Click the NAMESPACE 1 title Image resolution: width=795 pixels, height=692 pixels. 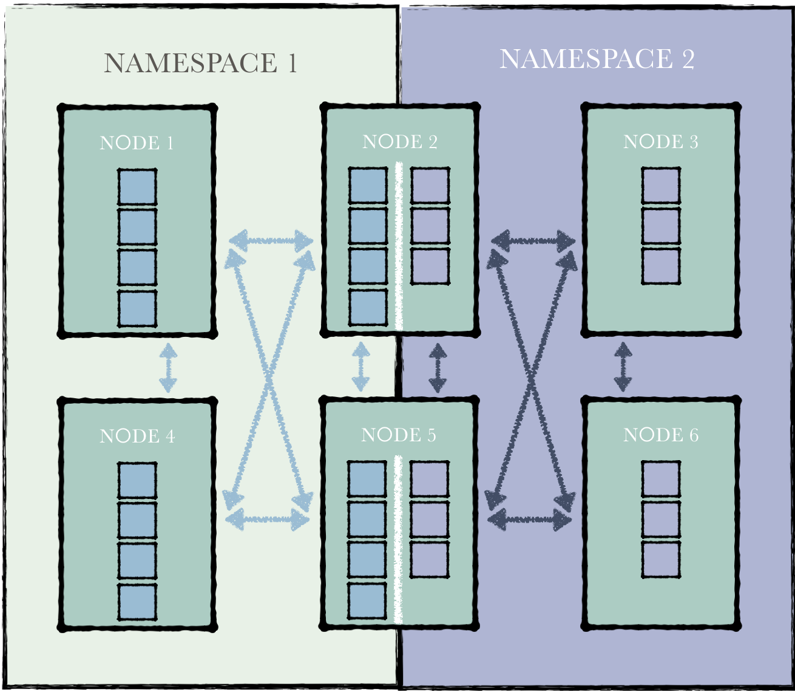click(x=200, y=63)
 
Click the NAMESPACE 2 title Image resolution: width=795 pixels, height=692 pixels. click(x=597, y=59)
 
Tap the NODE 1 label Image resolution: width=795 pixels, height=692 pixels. click(x=137, y=143)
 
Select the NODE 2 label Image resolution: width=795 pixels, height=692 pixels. click(x=400, y=142)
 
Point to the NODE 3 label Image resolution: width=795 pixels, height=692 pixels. click(x=661, y=142)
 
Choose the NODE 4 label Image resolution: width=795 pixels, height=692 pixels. click(x=137, y=436)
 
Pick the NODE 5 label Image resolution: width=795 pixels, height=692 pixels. click(x=399, y=435)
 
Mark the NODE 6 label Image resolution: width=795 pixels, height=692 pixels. click(x=661, y=435)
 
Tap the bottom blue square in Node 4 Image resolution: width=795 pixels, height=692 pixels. click(x=137, y=602)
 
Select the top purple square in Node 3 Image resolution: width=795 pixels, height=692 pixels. click(x=660, y=185)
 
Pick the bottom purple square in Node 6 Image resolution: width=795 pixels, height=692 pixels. click(x=660, y=560)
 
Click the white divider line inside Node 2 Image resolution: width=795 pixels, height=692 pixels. click(x=399, y=246)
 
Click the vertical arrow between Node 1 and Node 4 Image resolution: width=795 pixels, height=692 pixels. click(x=168, y=368)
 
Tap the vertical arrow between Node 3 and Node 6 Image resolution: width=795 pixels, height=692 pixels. click(x=623, y=367)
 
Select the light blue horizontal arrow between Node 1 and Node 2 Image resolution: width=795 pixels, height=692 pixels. click(x=271, y=241)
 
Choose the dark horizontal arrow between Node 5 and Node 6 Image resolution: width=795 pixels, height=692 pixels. click(x=529, y=520)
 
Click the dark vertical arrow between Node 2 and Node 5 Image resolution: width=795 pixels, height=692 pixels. click(x=438, y=368)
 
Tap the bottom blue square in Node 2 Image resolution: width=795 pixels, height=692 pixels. click(x=368, y=307)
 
